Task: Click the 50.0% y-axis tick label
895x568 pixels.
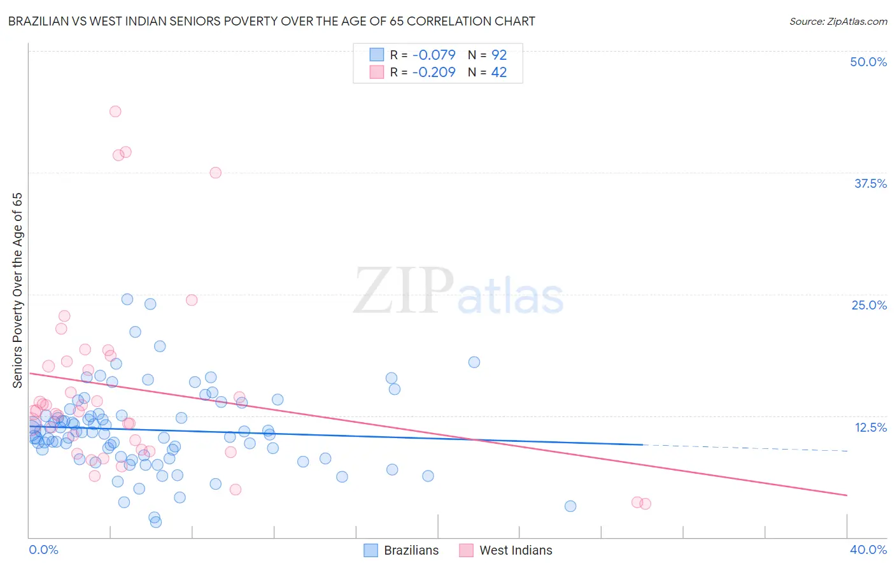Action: pos(868,62)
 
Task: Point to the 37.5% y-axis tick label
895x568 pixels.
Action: pos(870,183)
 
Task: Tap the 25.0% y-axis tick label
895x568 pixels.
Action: pos(869,305)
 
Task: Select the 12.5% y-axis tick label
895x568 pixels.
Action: pos(870,427)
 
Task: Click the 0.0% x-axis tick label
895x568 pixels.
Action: pos(43,550)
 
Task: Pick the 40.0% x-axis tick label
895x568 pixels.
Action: pos(868,550)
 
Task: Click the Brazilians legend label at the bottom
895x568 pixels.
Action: pos(411,550)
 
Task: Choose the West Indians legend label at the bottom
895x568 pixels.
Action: pos(516,550)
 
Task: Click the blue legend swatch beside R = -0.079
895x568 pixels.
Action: pos(377,55)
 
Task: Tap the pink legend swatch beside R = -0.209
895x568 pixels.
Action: pos(377,72)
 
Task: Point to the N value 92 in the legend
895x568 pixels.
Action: pos(499,55)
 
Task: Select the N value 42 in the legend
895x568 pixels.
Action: pos(499,72)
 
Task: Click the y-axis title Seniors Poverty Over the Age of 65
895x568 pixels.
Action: pos(17,290)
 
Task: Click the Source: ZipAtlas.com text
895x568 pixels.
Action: pos(838,21)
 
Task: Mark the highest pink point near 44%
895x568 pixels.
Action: pos(115,111)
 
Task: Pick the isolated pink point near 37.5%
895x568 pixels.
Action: pos(216,173)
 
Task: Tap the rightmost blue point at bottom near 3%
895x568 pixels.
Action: pos(570,506)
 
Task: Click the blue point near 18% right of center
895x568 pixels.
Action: pos(474,362)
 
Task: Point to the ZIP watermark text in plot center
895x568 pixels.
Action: pos(404,291)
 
